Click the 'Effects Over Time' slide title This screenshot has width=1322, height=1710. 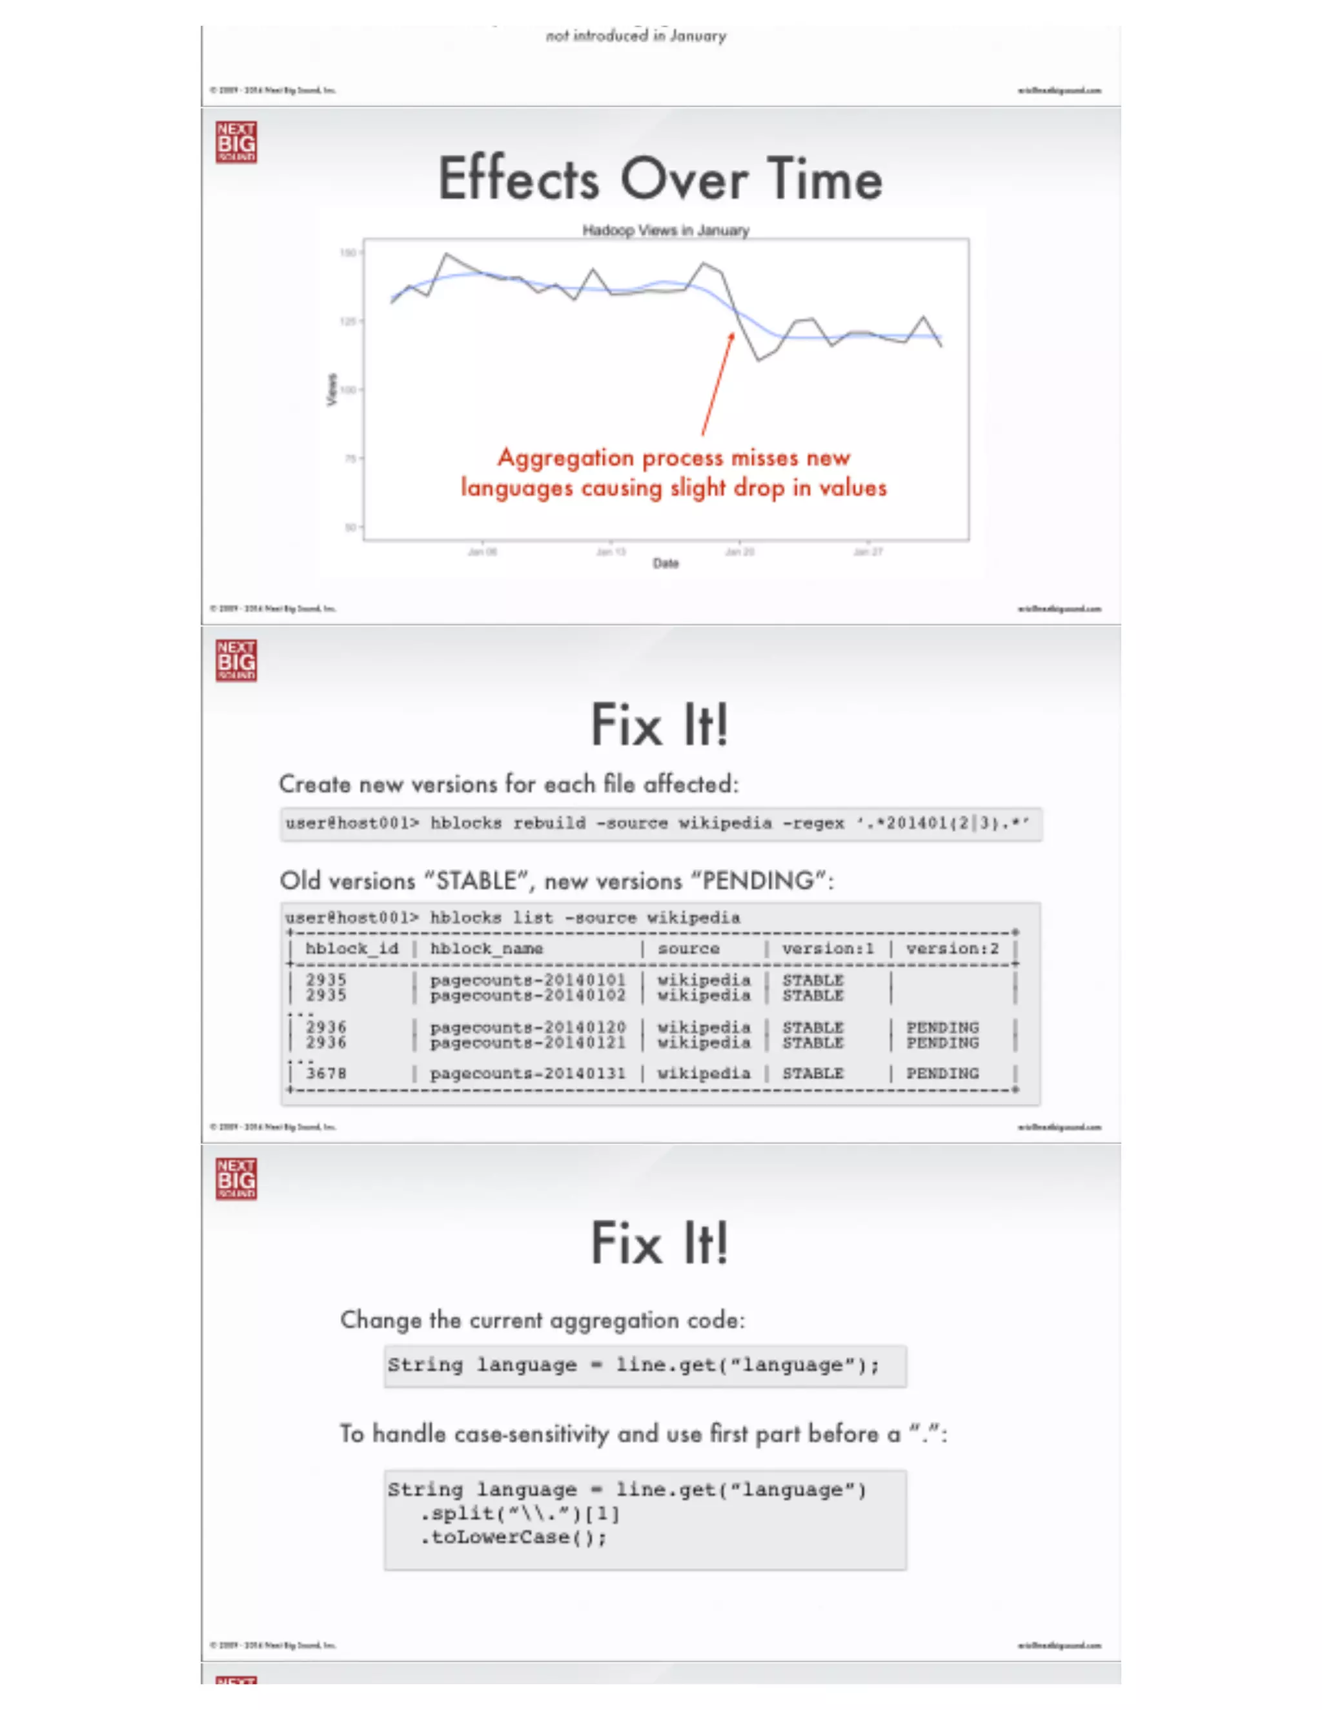(660, 179)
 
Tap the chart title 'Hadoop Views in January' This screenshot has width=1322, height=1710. (666, 230)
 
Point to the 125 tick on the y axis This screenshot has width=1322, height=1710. (349, 321)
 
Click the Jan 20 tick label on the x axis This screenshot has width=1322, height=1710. (739, 552)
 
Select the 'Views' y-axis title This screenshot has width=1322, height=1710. (331, 389)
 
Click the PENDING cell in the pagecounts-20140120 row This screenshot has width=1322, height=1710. (942, 1027)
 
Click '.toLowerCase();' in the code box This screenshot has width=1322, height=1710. (514, 1537)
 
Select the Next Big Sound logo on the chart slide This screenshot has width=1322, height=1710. (236, 143)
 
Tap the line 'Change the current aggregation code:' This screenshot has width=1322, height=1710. (542, 1320)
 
